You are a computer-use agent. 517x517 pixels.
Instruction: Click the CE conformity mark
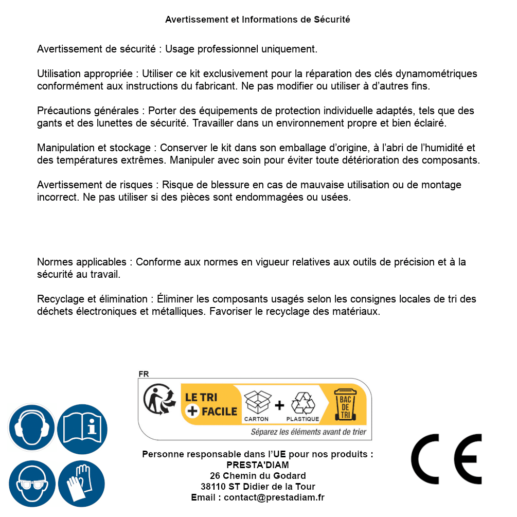tap(446, 459)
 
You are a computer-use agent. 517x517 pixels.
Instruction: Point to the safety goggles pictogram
tap(31, 484)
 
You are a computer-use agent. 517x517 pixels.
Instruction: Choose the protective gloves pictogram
tap(82, 484)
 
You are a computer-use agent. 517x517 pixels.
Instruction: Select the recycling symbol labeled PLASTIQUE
tap(302, 403)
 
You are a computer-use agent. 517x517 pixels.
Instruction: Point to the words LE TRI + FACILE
tap(211, 404)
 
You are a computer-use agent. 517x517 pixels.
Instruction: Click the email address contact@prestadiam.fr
tap(274, 497)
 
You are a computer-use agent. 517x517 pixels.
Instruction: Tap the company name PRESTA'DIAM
tap(258, 465)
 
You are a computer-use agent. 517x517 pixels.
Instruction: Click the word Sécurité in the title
tap(332, 20)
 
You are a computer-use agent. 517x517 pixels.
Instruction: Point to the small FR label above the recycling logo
tap(144, 375)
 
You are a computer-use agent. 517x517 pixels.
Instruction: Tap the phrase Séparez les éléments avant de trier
tap(308, 432)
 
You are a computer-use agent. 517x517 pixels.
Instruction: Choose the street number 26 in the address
tap(215, 476)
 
